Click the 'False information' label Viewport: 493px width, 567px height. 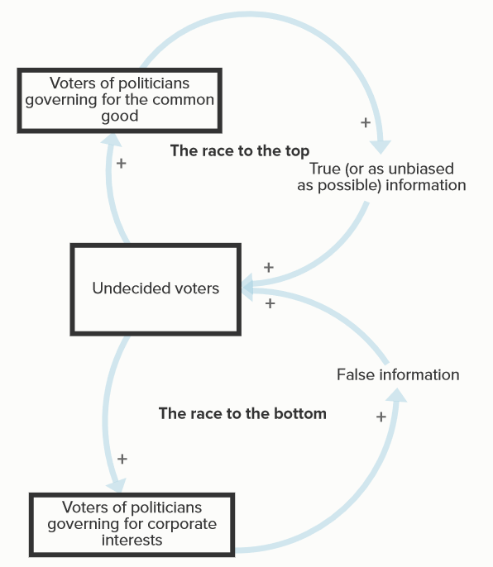[x=398, y=374]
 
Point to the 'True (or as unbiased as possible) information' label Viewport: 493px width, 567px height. [x=381, y=177]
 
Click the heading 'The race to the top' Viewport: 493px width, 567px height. [x=240, y=150]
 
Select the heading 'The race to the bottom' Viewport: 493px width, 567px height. [x=242, y=413]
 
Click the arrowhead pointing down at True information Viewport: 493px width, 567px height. [x=381, y=146]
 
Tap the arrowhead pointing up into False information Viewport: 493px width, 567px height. [x=397, y=395]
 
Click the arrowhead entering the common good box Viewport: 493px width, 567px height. [x=112, y=139]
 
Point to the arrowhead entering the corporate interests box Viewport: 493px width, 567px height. [x=117, y=486]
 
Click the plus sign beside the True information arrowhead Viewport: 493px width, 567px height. [x=366, y=122]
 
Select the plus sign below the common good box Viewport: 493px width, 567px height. [x=122, y=164]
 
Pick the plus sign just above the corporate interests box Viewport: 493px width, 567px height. [x=122, y=459]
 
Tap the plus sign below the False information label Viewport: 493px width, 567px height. [x=381, y=417]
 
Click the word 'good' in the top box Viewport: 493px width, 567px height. [x=120, y=117]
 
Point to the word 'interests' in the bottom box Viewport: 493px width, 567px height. [x=132, y=541]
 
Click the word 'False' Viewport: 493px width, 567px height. [x=356, y=374]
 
